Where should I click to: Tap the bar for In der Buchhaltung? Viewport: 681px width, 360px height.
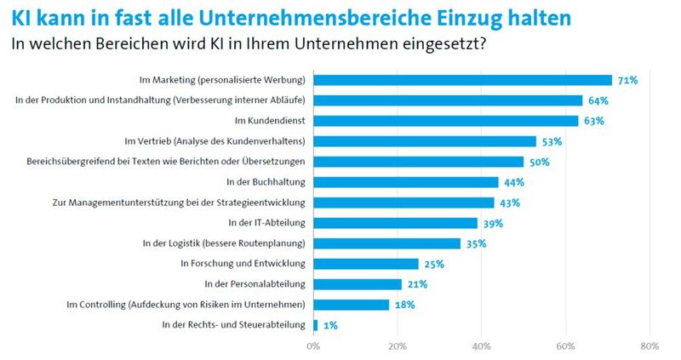[x=405, y=182]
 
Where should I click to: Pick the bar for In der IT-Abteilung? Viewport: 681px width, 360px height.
[x=395, y=223]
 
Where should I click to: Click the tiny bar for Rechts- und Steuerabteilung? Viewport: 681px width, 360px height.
[x=316, y=325]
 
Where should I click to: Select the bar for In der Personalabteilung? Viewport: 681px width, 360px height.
[x=358, y=284]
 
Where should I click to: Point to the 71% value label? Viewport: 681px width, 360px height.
[x=627, y=80]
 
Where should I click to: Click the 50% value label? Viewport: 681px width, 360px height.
[x=539, y=162]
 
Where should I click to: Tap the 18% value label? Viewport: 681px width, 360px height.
[x=404, y=305]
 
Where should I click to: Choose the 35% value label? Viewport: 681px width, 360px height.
[x=476, y=243]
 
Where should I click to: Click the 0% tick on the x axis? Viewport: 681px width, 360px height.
[x=313, y=346]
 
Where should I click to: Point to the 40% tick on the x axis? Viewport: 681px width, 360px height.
[x=481, y=346]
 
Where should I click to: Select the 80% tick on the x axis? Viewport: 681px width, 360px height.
[x=650, y=346]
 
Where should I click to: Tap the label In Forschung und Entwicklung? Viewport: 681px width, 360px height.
[x=243, y=264]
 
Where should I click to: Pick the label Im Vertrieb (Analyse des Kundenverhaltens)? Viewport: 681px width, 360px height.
[x=215, y=141]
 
